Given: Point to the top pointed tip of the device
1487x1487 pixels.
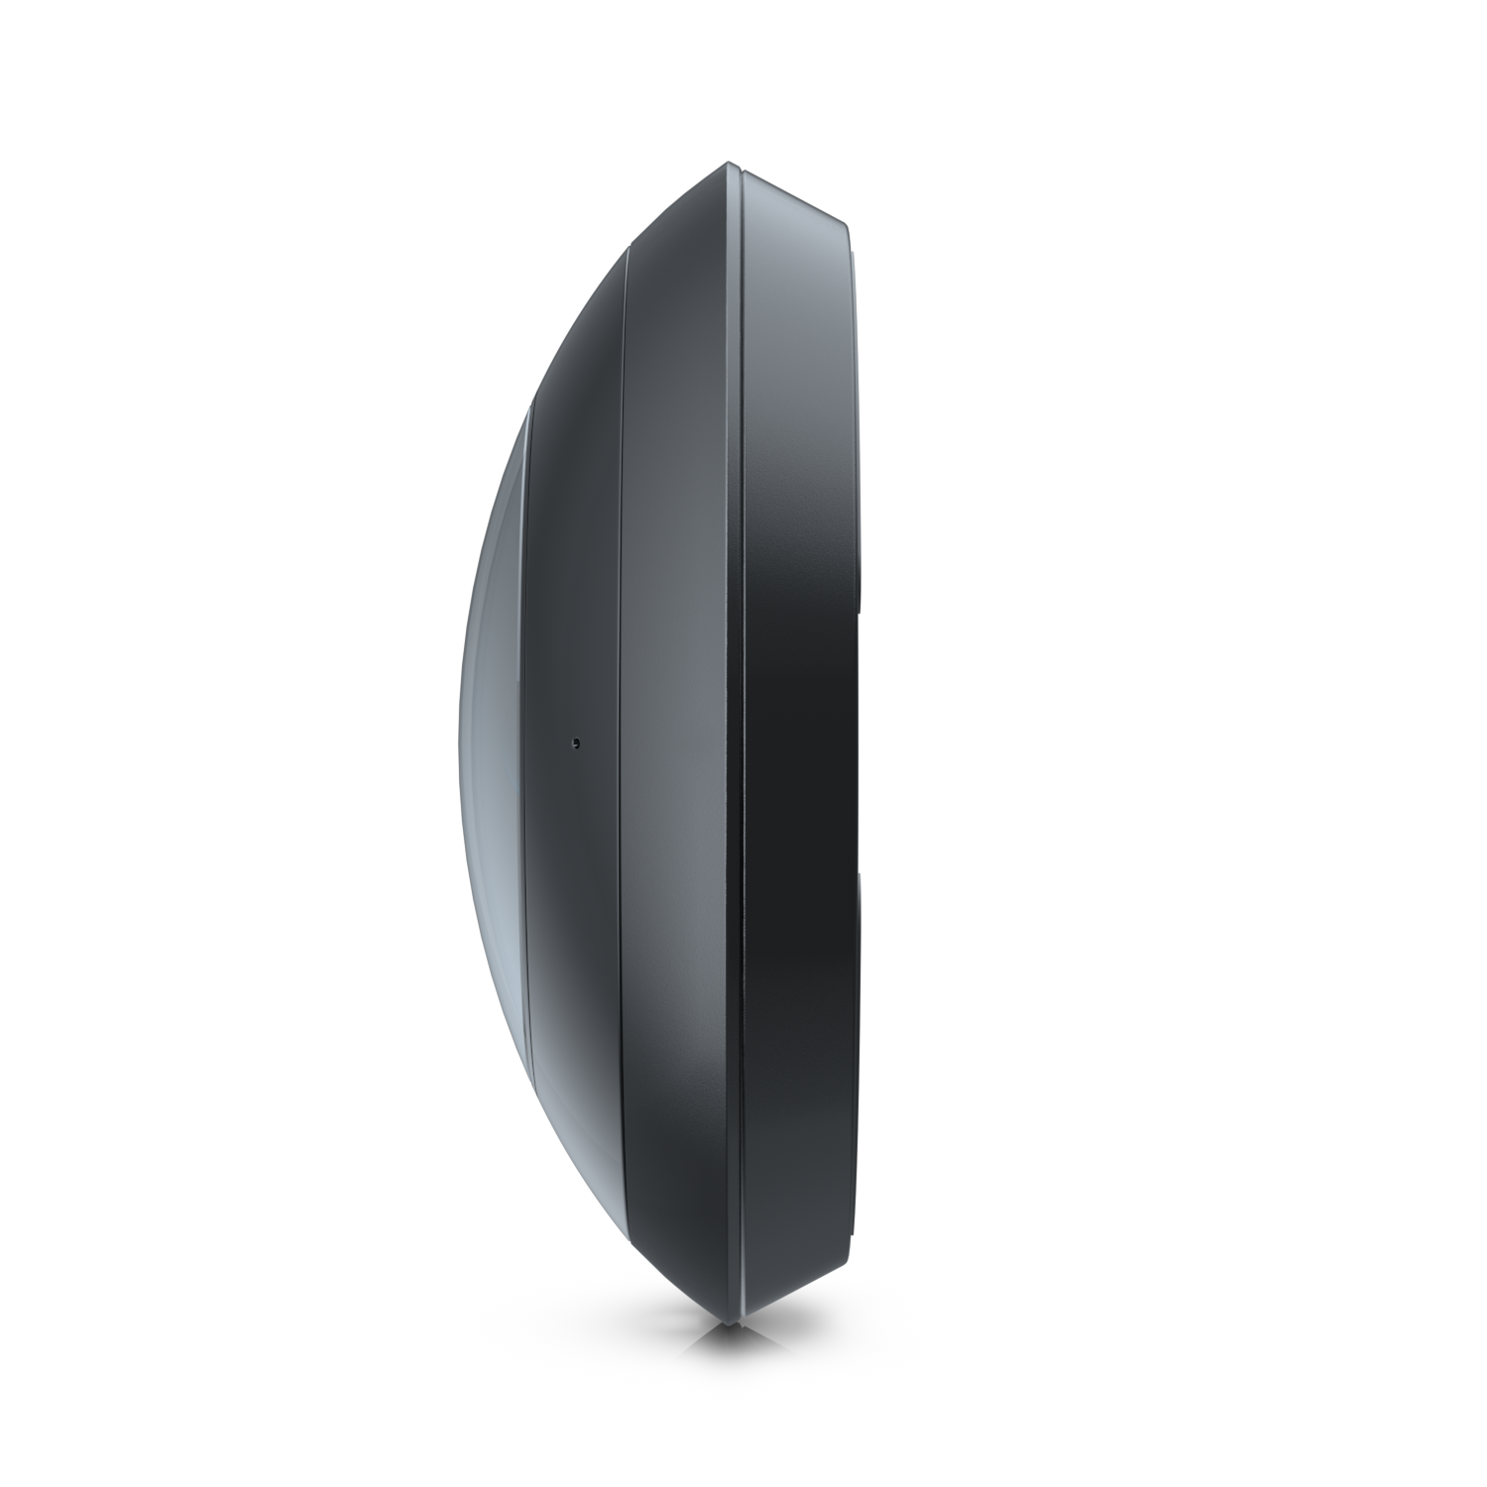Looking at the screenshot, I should point(731,163).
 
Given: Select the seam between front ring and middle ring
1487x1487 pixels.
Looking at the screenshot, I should point(622,743).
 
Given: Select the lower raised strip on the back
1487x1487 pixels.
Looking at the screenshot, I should point(858,1051).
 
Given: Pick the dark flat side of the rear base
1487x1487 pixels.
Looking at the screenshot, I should point(799,743).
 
